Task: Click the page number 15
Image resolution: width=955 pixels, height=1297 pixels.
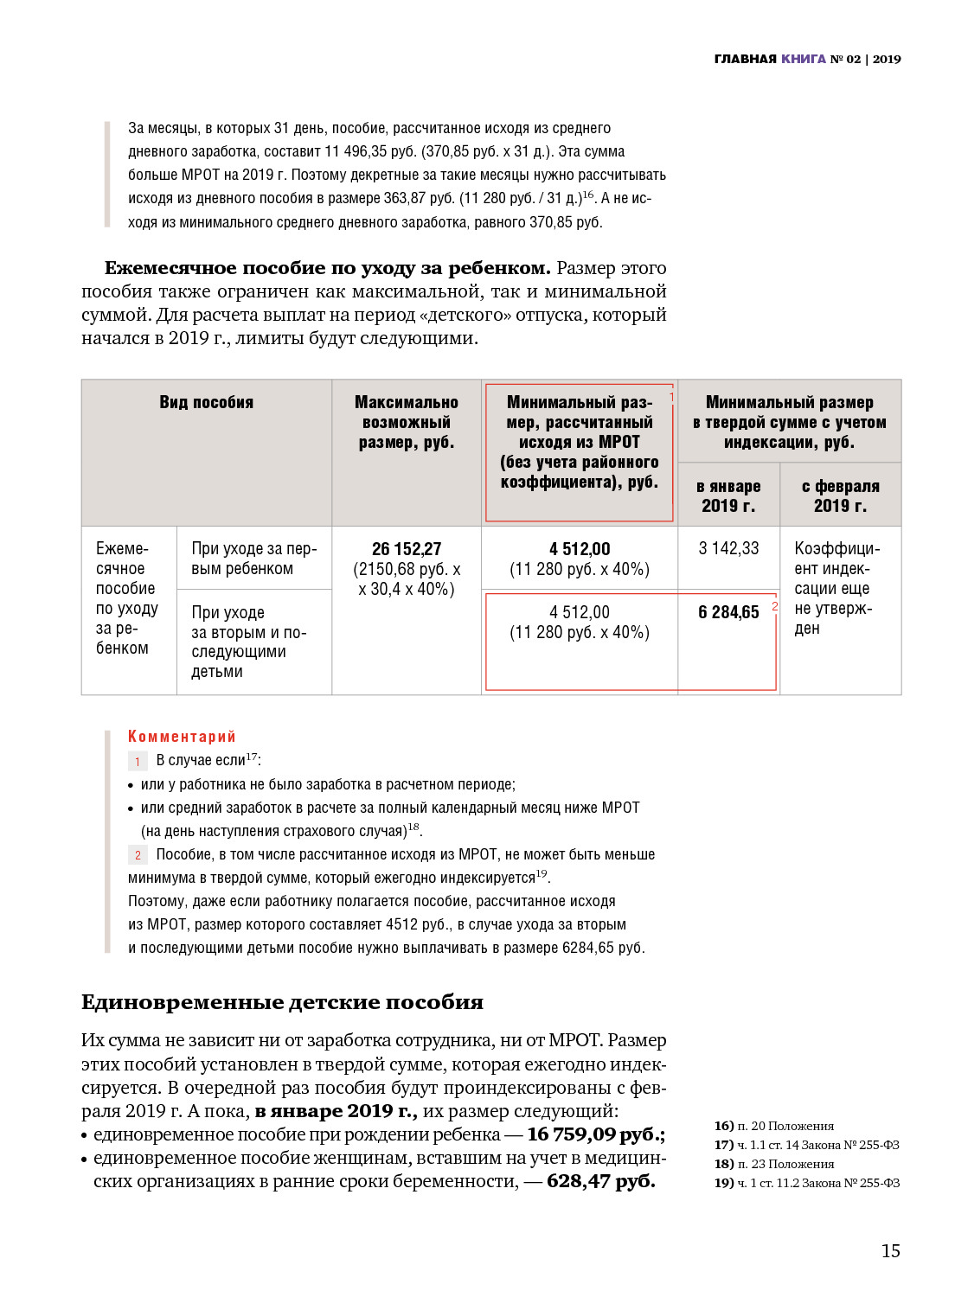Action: (x=890, y=1250)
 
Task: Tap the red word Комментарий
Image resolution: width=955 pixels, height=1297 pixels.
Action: (x=182, y=736)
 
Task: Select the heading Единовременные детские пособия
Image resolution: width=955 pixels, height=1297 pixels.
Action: (x=282, y=1002)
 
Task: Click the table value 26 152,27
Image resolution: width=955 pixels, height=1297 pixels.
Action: (x=407, y=549)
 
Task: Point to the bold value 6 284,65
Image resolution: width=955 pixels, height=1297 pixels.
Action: (x=728, y=612)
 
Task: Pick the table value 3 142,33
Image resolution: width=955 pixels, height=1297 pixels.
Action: (x=728, y=548)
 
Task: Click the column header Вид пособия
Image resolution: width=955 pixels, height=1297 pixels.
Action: (x=206, y=402)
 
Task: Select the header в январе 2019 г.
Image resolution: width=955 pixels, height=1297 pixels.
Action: (x=728, y=495)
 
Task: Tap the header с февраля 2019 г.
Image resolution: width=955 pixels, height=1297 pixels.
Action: (x=840, y=495)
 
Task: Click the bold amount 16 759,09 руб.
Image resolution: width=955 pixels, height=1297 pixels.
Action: (x=596, y=1134)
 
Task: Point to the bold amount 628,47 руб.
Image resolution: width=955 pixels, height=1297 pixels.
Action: (x=600, y=1181)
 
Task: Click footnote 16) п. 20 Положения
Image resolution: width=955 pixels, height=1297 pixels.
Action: (x=774, y=1126)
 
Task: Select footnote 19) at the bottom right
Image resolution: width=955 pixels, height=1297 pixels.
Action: (x=806, y=1183)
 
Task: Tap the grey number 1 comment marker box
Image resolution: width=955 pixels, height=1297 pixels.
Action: (x=138, y=761)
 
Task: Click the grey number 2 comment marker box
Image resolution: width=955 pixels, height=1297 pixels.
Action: (x=138, y=855)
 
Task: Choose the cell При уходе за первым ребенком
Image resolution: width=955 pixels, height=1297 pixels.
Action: (x=253, y=559)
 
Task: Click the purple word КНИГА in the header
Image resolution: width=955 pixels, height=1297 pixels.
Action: (x=804, y=59)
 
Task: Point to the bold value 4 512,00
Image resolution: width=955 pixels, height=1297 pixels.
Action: (x=580, y=549)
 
